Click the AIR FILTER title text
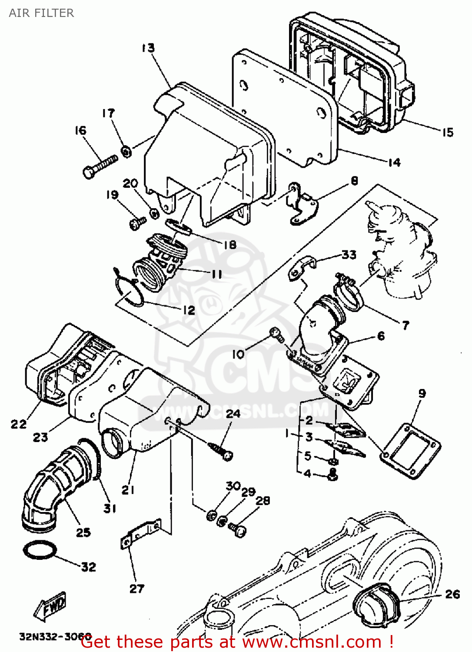click(x=41, y=13)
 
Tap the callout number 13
click(x=148, y=48)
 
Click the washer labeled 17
click(x=126, y=152)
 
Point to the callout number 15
click(x=447, y=132)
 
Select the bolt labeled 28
click(x=238, y=529)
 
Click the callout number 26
click(x=452, y=594)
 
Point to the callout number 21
click(x=128, y=490)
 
